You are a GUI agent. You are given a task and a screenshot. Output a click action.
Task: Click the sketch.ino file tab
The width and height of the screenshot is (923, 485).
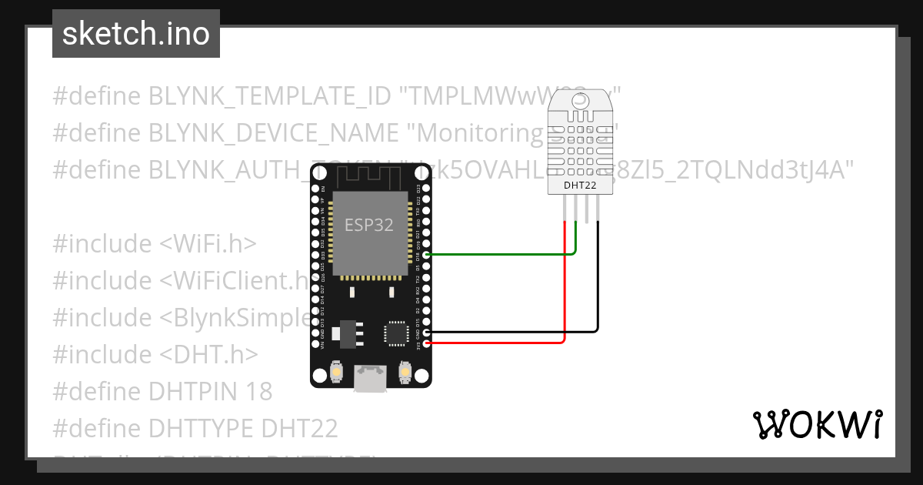coord(136,34)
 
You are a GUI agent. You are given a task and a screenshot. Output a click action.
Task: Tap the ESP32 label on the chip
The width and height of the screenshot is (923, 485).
coord(369,226)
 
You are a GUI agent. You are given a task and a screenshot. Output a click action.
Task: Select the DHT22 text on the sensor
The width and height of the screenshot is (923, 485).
coord(581,185)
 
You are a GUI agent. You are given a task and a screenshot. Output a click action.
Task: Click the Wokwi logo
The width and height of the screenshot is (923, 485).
coord(817,424)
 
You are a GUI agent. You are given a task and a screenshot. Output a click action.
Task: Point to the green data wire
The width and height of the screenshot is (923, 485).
coord(500,254)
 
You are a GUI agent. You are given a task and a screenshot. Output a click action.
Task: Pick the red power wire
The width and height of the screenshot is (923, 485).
coord(500,342)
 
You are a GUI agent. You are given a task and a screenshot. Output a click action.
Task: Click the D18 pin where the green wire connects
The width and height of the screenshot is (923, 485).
coord(427,254)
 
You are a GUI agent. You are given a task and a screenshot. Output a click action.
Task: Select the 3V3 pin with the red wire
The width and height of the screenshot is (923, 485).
coord(427,342)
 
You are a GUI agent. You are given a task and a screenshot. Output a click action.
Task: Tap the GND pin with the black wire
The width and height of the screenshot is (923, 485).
coord(427,332)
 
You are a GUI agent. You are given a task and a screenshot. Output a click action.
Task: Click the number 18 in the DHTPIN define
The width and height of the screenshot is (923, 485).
coord(257,391)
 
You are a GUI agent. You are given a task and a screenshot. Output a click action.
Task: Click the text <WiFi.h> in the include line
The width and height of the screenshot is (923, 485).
coord(208,243)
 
